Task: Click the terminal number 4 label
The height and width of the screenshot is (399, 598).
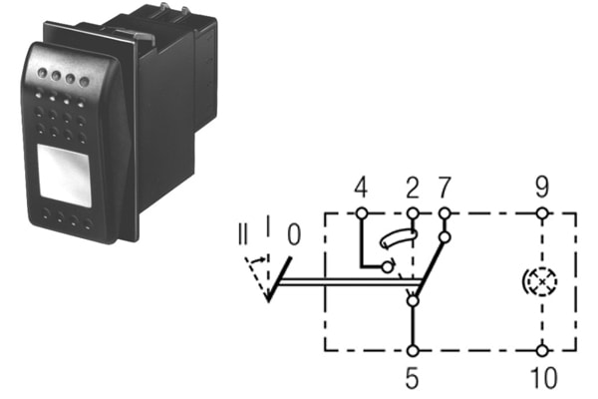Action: click(x=361, y=186)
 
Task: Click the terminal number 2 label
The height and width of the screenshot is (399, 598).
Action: click(x=412, y=186)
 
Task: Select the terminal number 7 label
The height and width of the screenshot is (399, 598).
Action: click(x=444, y=186)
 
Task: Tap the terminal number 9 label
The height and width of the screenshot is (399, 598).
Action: click(x=541, y=186)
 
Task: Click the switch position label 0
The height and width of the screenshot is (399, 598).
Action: click(x=292, y=235)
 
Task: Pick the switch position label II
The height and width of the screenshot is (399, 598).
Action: click(x=244, y=238)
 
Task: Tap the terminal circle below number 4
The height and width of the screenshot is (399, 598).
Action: click(x=361, y=212)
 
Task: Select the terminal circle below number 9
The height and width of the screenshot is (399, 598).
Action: click(x=541, y=212)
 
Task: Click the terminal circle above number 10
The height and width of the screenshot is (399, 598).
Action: click(x=541, y=350)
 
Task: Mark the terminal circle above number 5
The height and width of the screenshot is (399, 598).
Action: click(x=413, y=350)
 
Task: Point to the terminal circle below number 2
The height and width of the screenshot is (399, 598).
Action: click(x=413, y=212)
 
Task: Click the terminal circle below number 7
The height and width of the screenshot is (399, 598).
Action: click(x=445, y=212)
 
